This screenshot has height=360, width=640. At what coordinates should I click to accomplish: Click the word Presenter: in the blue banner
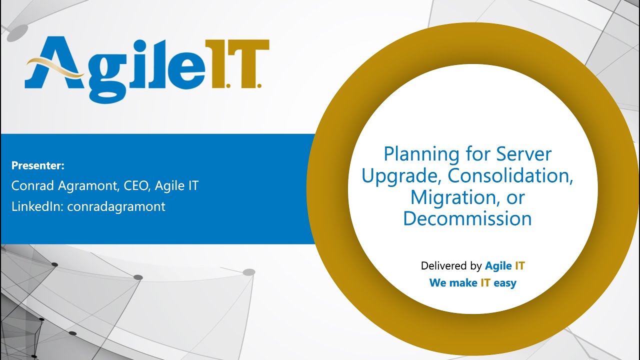point(38,165)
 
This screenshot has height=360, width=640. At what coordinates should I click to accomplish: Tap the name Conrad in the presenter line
point(31,186)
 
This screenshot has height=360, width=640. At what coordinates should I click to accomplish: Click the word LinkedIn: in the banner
point(37,206)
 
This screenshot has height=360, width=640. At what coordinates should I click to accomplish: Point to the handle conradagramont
point(116,206)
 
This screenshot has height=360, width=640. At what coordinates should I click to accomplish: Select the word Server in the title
point(523,154)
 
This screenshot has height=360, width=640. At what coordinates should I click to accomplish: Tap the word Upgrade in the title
point(401,176)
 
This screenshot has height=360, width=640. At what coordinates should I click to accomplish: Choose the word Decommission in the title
point(467,218)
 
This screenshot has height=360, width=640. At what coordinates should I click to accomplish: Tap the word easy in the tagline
point(505,282)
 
